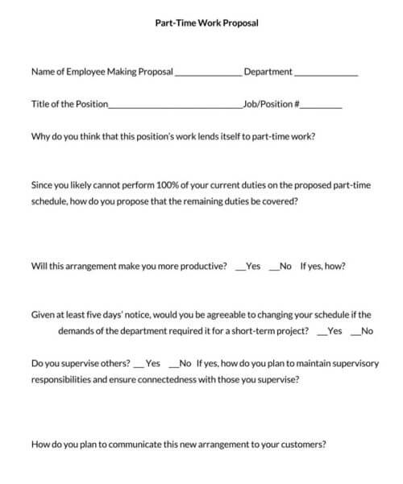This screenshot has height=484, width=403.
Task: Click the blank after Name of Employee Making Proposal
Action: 208,73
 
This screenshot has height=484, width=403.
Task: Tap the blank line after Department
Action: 326,73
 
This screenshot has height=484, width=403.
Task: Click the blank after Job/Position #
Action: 322,105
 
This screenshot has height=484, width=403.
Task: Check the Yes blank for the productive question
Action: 239,267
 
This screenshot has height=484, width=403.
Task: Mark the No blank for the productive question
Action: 273,267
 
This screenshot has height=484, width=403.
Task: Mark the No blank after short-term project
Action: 355,332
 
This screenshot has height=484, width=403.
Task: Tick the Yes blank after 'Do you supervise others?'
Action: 138,365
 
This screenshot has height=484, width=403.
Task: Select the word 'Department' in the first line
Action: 268,72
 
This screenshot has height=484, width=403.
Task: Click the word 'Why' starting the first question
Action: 39,135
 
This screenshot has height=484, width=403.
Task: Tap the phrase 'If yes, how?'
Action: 324,266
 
